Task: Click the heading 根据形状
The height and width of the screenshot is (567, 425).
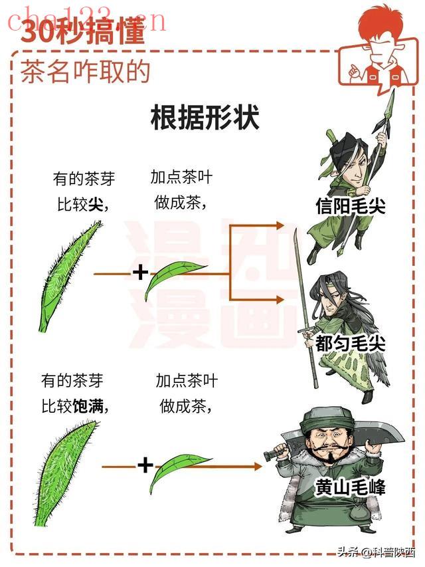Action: pos(205,117)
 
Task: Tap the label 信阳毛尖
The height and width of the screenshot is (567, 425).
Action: pos(351,207)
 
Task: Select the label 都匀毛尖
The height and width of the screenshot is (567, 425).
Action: pos(350,343)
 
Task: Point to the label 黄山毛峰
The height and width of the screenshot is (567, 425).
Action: pos(350,487)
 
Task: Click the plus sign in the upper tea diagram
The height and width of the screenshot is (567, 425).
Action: pos(141,273)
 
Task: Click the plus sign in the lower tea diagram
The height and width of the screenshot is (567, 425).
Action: pos(145,465)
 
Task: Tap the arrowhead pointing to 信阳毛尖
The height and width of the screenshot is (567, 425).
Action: pos(280,225)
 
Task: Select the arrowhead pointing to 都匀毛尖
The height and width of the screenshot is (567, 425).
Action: pos(280,300)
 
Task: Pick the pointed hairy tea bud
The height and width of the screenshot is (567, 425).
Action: pos(68,276)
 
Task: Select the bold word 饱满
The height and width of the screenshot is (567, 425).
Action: pos(88,406)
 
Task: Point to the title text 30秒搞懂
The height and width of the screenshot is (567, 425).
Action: pos(83,31)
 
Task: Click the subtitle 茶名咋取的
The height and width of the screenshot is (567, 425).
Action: pos(85,72)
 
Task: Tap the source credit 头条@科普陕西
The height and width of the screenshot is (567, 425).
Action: pos(377,552)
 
